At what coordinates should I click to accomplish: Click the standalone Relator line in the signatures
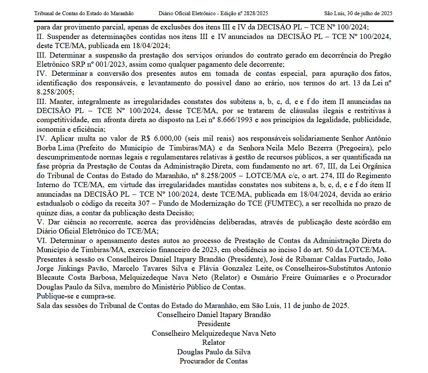click(x=214, y=343)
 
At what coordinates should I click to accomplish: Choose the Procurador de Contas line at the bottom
click(x=214, y=361)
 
